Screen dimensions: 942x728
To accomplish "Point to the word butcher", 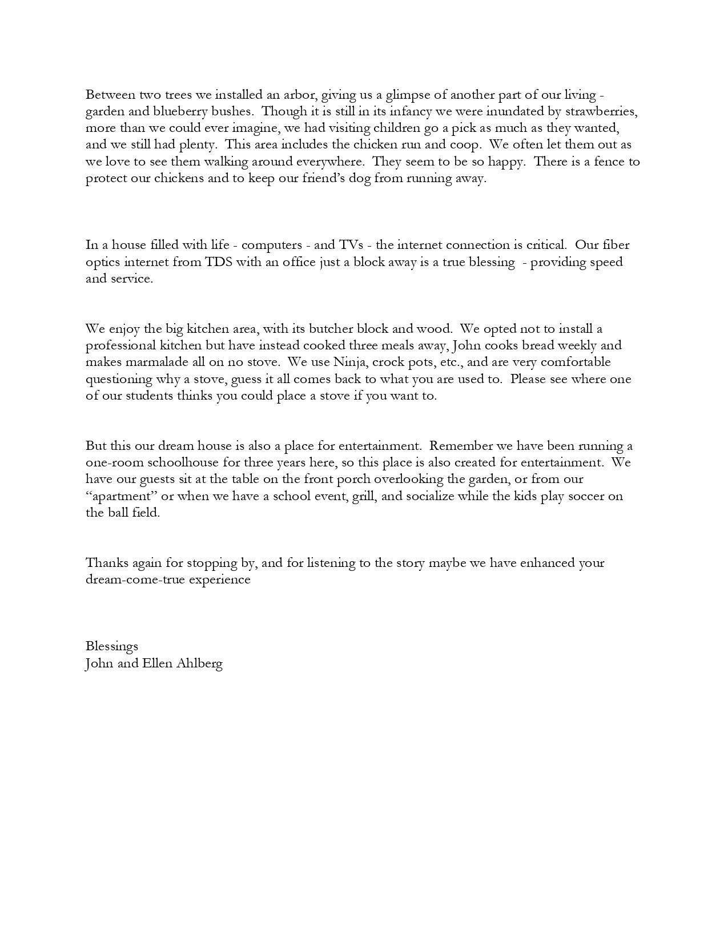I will (332, 329).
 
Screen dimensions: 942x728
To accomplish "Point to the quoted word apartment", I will (122, 496).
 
